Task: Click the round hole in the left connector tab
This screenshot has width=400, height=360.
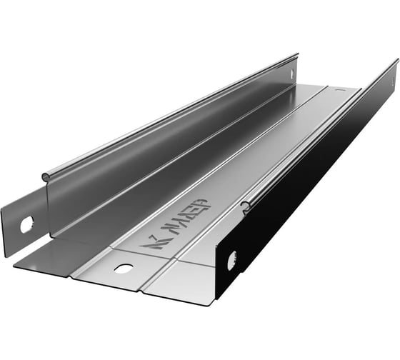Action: coord(26,224)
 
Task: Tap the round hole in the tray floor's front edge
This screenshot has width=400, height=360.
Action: coord(123,269)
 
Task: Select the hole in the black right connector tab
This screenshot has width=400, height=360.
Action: coord(231,261)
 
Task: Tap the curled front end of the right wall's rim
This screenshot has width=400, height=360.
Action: coord(245,207)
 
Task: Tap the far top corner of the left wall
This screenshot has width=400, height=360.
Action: coord(297,54)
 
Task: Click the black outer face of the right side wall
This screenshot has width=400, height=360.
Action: coord(314,179)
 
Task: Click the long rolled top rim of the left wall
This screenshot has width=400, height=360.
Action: coord(171,114)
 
